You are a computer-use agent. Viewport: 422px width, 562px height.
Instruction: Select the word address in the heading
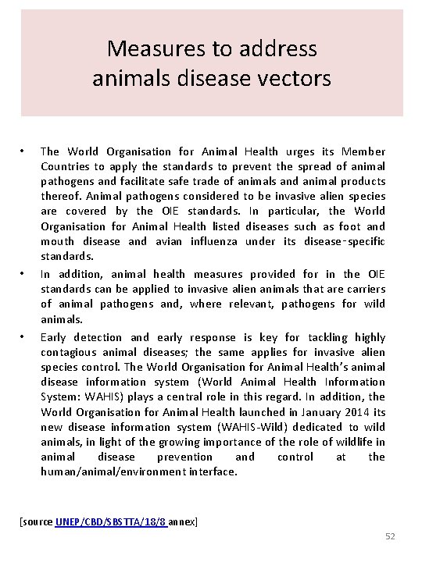click(277, 49)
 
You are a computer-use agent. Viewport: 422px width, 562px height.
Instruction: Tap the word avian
click(174, 241)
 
